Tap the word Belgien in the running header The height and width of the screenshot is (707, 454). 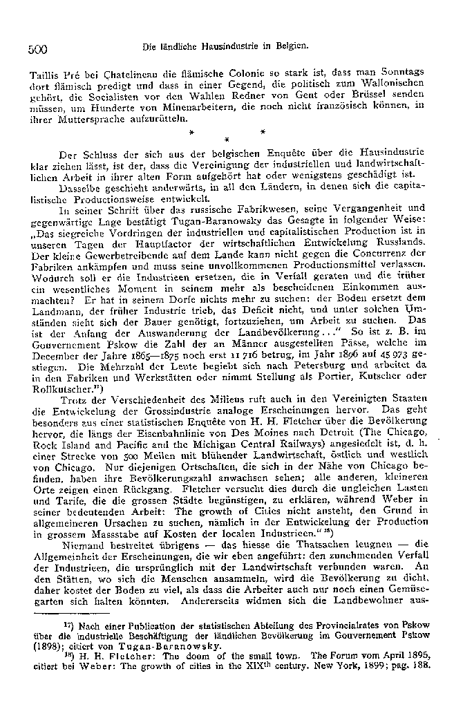(x=290, y=47)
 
